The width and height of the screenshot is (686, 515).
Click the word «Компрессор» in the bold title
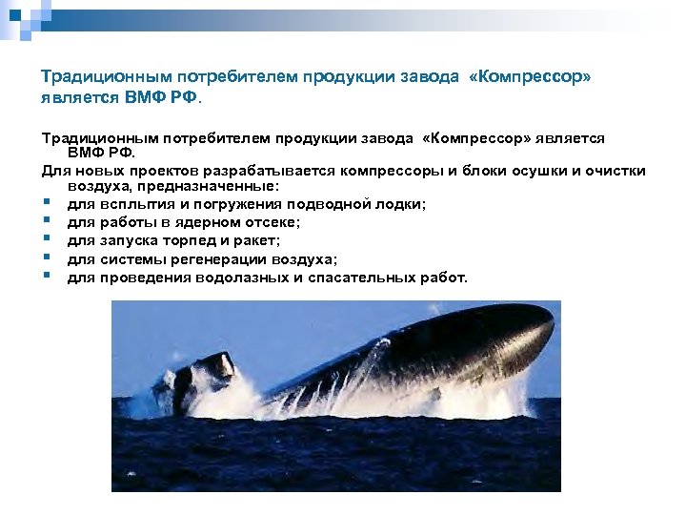(530, 76)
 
